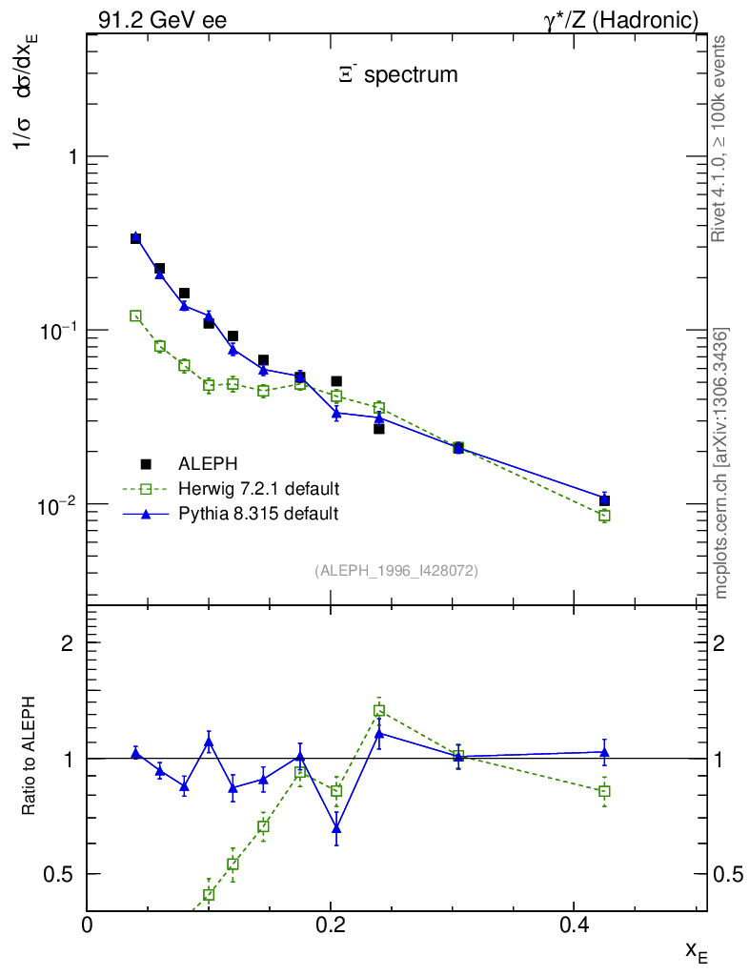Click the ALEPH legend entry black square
[x=146, y=464]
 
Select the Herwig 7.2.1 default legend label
[x=259, y=489]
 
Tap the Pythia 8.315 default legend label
[x=258, y=514]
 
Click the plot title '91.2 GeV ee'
[x=162, y=20]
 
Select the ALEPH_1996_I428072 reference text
[x=395, y=570]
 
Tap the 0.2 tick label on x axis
[x=330, y=925]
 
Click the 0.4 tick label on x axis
[x=573, y=925]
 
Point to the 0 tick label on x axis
[x=87, y=925]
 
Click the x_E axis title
[x=696, y=950]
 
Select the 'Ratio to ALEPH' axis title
[x=30, y=758]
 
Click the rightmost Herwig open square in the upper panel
[x=604, y=516]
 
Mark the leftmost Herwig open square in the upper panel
[x=135, y=315]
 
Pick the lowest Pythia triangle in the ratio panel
[x=336, y=828]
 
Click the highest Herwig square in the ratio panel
[x=379, y=710]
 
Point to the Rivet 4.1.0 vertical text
[x=719, y=138]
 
